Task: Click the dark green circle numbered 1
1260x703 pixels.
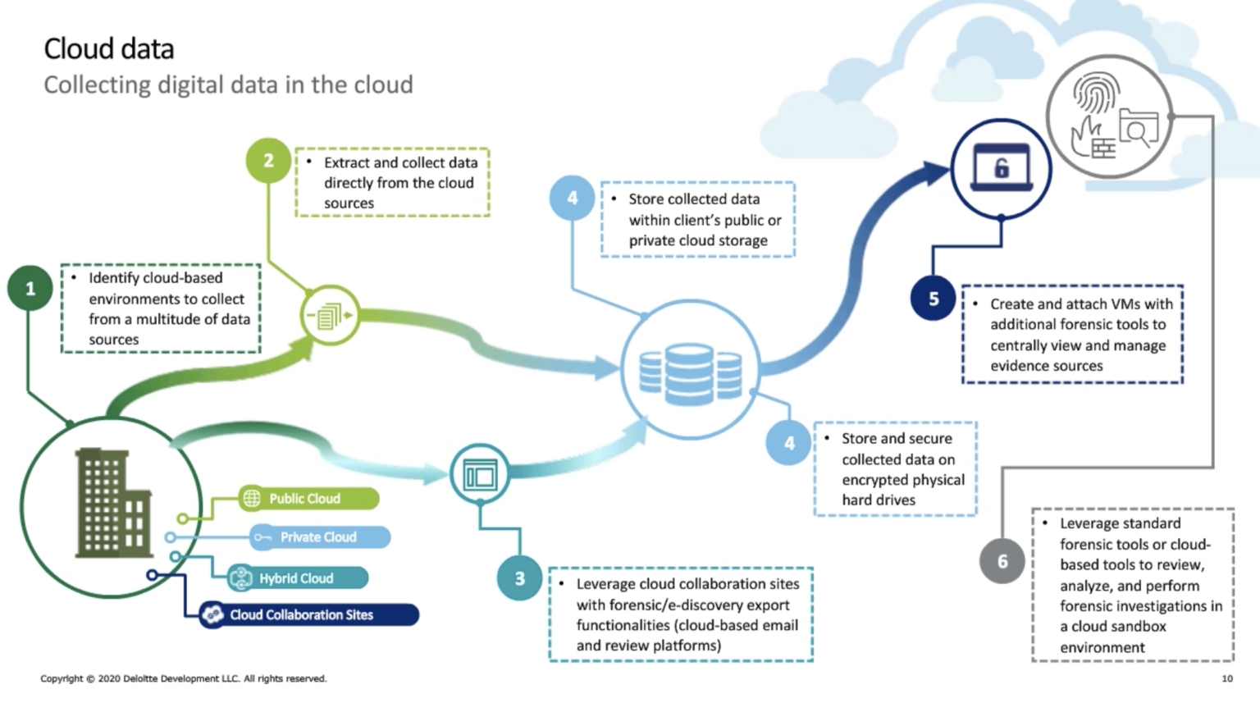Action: tap(30, 288)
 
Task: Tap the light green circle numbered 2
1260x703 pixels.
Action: tap(268, 160)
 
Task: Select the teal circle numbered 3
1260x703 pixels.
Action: tap(519, 578)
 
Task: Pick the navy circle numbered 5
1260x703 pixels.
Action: tap(933, 299)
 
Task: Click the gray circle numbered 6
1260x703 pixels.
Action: tap(1002, 561)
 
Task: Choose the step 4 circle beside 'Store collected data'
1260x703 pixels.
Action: tap(572, 198)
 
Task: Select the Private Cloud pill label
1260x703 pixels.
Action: tap(319, 537)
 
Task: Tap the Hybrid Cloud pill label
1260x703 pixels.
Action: tap(297, 578)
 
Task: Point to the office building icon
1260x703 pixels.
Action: tap(112, 503)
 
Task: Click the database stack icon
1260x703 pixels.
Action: tap(690, 373)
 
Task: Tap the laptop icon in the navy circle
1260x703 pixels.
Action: tap(1001, 168)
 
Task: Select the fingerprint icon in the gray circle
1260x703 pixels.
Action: tap(1096, 94)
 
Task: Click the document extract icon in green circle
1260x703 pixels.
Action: tap(330, 315)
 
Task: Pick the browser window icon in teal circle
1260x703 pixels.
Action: tap(480, 474)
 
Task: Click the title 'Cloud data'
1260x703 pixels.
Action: tap(109, 48)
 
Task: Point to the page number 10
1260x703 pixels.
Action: tap(1227, 678)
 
